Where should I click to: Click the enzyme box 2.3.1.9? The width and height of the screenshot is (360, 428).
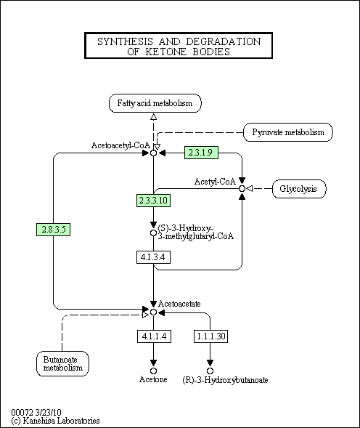tap(201, 153)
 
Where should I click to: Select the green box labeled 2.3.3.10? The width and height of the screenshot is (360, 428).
tap(154, 201)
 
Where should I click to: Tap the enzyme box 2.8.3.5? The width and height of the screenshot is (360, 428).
tap(54, 230)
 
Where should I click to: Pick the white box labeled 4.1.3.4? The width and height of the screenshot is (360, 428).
tap(154, 257)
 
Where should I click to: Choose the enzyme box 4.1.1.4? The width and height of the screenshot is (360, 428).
tap(154, 336)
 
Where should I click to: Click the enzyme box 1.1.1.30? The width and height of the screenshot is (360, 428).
tap(210, 336)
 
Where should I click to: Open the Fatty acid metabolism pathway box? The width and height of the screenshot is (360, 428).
tap(155, 103)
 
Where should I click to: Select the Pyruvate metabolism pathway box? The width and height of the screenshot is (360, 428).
tap(288, 132)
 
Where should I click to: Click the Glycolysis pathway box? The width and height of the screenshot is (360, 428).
tap(299, 189)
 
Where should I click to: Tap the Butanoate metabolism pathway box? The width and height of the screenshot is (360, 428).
tap(62, 363)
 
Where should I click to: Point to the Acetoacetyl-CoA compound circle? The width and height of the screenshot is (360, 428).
tap(154, 153)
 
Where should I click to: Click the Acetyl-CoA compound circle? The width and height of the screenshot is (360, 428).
tap(242, 188)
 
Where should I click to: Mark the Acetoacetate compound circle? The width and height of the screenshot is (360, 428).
tap(154, 312)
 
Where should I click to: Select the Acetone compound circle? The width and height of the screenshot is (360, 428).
tap(154, 371)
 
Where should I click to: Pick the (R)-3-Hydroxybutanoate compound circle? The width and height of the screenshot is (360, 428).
tap(210, 371)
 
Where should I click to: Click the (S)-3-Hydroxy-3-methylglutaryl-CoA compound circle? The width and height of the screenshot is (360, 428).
tap(154, 233)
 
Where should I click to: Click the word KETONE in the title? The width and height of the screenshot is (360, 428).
tap(165, 52)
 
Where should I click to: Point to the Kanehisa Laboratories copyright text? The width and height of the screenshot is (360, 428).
tap(55, 420)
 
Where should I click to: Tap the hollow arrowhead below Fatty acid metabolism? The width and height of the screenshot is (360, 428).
tap(154, 117)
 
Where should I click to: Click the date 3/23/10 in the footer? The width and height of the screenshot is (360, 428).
tap(49, 412)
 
